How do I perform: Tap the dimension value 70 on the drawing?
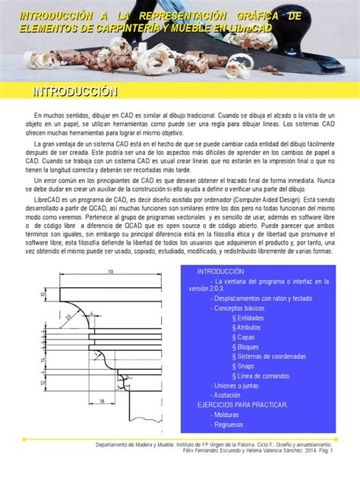click(109, 271)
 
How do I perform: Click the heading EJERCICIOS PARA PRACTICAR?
click(242, 405)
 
